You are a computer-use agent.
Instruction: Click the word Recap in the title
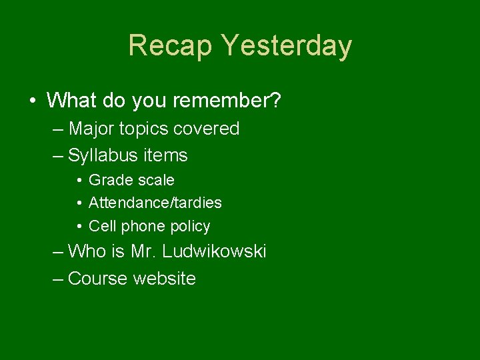pos(170,46)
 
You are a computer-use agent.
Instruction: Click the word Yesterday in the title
pos(287,46)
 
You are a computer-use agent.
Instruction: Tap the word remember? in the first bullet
pos(227,101)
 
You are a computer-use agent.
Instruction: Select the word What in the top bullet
pos(71,101)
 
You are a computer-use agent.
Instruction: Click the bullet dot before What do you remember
pos(33,101)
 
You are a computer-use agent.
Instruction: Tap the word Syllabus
pos(100,156)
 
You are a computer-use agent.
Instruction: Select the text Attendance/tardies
pos(155,203)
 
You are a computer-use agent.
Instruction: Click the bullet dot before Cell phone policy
pos(79,227)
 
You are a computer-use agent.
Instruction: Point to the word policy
pos(190,227)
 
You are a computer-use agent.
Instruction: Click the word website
pos(164,279)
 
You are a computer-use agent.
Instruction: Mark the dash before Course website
pos(58,279)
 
